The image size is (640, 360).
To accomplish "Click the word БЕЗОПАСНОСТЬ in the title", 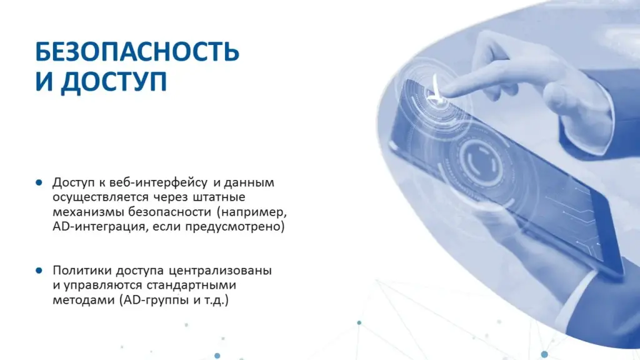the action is pos(137,52).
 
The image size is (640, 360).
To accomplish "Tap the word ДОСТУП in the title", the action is pos(114,82).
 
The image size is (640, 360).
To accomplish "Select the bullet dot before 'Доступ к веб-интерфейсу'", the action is pos(39,182).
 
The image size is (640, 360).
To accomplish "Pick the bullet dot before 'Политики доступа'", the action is pos(39,270).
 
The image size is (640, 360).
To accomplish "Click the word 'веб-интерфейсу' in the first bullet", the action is pos(158,182).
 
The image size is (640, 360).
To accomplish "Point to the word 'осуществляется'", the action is pos(101,197).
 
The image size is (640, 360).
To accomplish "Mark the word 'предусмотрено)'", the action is pos(235,226).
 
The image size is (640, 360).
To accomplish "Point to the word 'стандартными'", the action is pos(191,285).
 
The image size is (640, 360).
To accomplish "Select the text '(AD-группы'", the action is pos(154,301).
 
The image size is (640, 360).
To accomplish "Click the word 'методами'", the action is pos(84,301).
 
